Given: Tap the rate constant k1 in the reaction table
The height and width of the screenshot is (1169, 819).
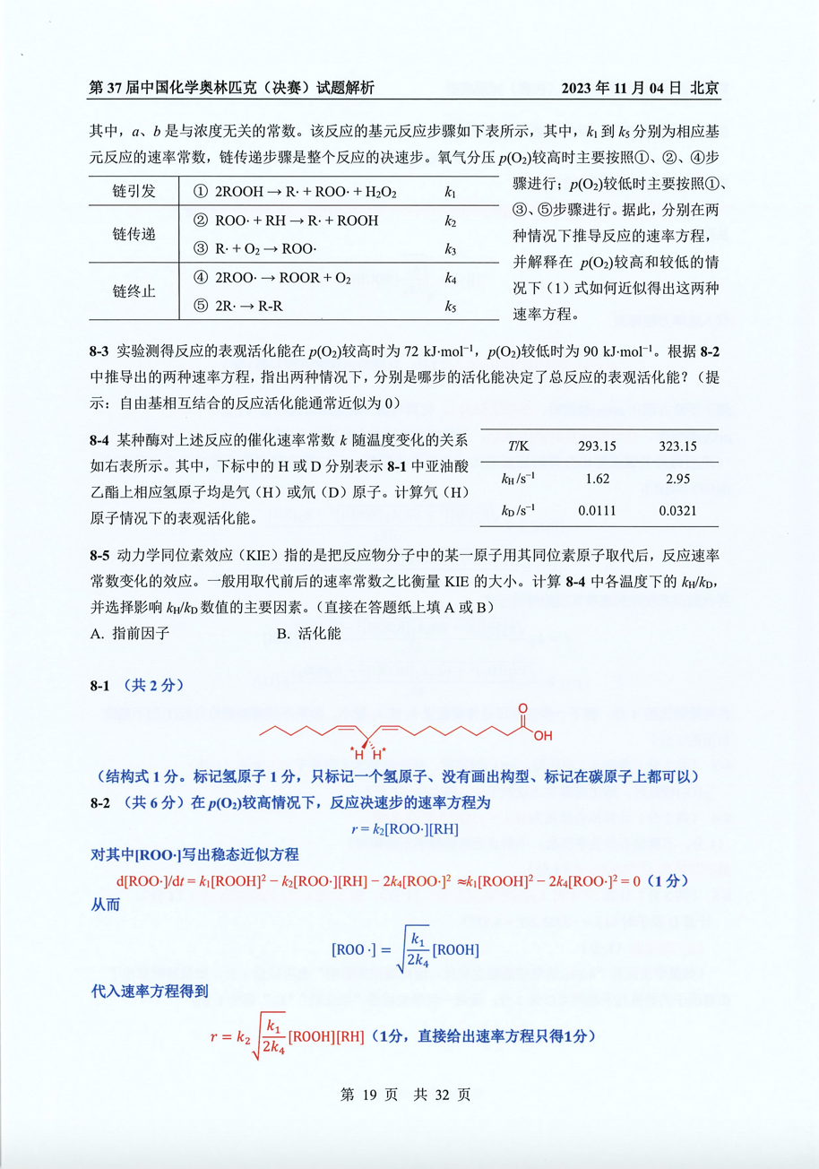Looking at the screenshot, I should click(x=451, y=193).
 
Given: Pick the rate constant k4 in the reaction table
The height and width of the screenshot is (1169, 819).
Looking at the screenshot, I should click(x=451, y=279).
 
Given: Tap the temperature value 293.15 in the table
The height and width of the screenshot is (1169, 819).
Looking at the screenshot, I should click(x=597, y=446).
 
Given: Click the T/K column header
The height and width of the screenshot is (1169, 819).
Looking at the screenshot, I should click(x=517, y=446).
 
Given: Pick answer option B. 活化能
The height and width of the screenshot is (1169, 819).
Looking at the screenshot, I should click(x=307, y=634).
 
